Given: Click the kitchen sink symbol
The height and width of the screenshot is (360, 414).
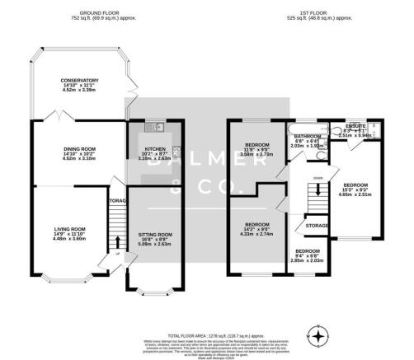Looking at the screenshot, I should [153, 127].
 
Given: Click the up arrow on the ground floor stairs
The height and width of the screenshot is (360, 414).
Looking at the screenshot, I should [116, 252].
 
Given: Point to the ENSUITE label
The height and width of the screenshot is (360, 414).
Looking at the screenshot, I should [355, 129].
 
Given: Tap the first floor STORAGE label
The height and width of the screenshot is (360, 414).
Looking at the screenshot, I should [318, 224].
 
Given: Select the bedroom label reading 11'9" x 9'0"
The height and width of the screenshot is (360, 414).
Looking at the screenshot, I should [256, 150].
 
